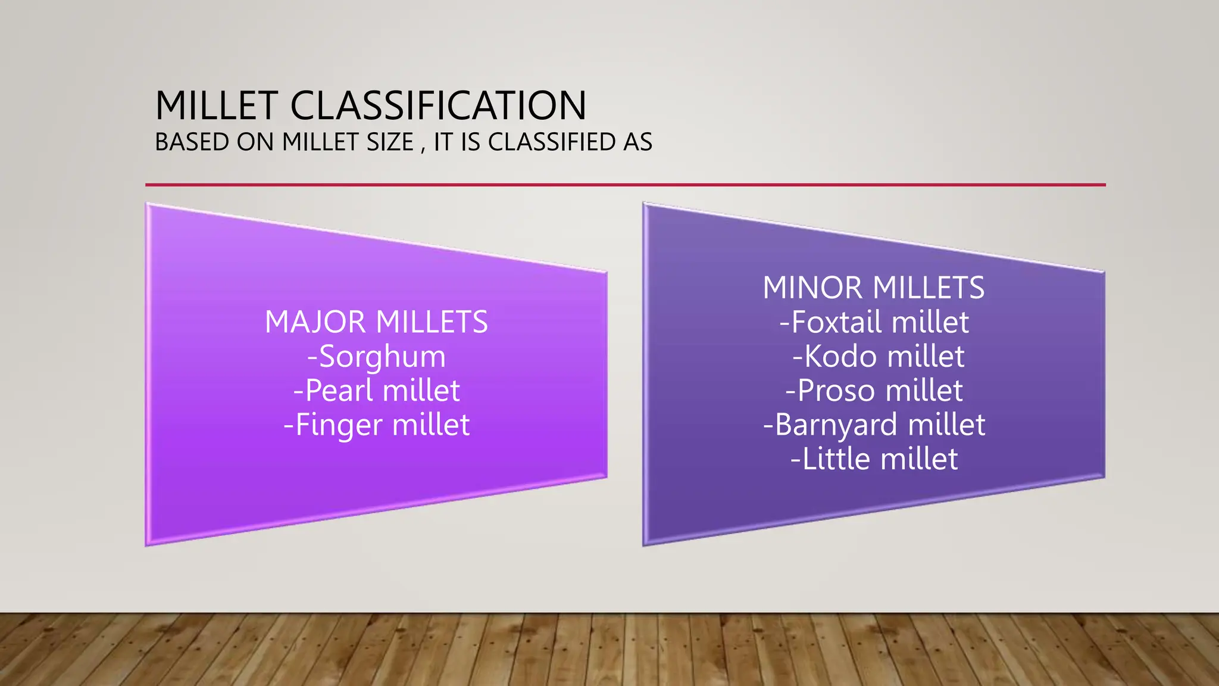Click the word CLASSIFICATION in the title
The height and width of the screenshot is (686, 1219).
click(x=438, y=106)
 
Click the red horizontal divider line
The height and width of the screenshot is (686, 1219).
click(x=625, y=185)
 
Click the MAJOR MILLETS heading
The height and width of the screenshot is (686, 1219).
click(x=376, y=322)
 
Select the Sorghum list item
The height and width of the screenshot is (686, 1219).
click(x=376, y=357)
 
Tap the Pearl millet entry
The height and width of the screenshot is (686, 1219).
click(x=376, y=391)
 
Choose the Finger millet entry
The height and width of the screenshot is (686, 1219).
click(x=376, y=425)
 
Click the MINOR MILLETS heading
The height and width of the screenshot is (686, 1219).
click(x=873, y=288)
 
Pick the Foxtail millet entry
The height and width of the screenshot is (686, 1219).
click(x=873, y=322)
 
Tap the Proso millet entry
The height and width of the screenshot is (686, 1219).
click(x=873, y=391)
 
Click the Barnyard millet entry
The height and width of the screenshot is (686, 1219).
click(x=873, y=425)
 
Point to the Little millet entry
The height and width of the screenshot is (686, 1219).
click(x=873, y=459)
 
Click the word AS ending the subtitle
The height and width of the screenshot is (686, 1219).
click(x=637, y=142)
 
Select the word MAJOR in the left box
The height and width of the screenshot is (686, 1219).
click(x=315, y=322)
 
